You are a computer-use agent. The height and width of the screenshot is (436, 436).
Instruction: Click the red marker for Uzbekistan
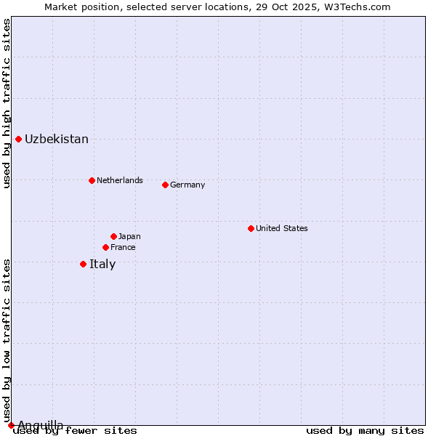(x=18, y=139)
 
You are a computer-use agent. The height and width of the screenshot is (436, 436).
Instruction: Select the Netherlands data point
(x=92, y=180)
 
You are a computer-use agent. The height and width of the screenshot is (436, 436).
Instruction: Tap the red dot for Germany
(x=165, y=185)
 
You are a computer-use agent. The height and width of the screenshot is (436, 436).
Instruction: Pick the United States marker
(x=251, y=228)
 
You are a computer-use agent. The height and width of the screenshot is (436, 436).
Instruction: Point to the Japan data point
(x=113, y=236)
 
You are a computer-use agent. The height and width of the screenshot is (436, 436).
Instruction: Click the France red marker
(x=105, y=247)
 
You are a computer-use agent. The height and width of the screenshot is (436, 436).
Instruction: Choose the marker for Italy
(x=83, y=264)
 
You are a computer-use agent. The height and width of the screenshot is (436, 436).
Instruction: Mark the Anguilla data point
(x=11, y=425)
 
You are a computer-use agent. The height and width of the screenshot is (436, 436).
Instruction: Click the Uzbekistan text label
(x=57, y=140)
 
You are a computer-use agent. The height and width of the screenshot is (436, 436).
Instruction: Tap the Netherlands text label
(x=120, y=180)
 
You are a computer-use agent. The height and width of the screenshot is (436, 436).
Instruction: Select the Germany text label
(x=187, y=185)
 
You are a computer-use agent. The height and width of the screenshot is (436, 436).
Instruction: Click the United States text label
(x=282, y=228)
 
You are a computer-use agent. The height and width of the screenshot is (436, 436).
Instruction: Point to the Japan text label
(x=129, y=236)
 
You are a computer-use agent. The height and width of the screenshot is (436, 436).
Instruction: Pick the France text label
(x=123, y=247)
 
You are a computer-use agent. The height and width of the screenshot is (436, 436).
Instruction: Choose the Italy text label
(x=102, y=265)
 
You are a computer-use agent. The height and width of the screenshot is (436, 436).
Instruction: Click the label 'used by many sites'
(x=365, y=430)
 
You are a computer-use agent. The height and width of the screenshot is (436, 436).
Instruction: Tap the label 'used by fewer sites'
(x=75, y=430)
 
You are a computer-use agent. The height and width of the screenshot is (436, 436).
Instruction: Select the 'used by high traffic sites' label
(x=7, y=103)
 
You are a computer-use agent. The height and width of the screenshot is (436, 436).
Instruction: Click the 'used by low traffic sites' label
(x=7, y=340)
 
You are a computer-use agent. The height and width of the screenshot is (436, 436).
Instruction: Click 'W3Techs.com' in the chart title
(x=360, y=7)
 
